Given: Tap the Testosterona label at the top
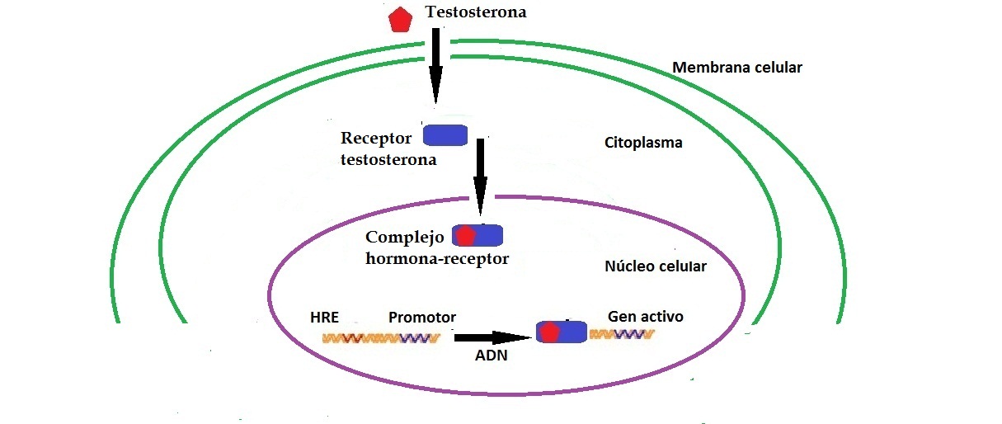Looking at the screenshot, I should [475, 12].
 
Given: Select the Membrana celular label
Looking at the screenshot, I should [737, 68].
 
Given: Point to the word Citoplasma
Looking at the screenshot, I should [643, 143].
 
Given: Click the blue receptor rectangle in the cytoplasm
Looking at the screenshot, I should [445, 134].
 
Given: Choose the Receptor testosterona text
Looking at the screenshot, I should [388, 148].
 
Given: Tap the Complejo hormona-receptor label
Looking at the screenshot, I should [437, 248].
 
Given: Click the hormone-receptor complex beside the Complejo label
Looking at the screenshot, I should [477, 235].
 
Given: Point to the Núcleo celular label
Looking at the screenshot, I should [656, 266].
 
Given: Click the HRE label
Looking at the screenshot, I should [324, 318].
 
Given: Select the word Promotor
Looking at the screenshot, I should [422, 318].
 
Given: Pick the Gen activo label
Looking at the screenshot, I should [646, 316].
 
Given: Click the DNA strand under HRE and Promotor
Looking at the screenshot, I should [381, 337].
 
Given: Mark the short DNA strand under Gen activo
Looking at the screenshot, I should [623, 334].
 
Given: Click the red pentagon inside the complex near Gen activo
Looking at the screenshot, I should [549, 332].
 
